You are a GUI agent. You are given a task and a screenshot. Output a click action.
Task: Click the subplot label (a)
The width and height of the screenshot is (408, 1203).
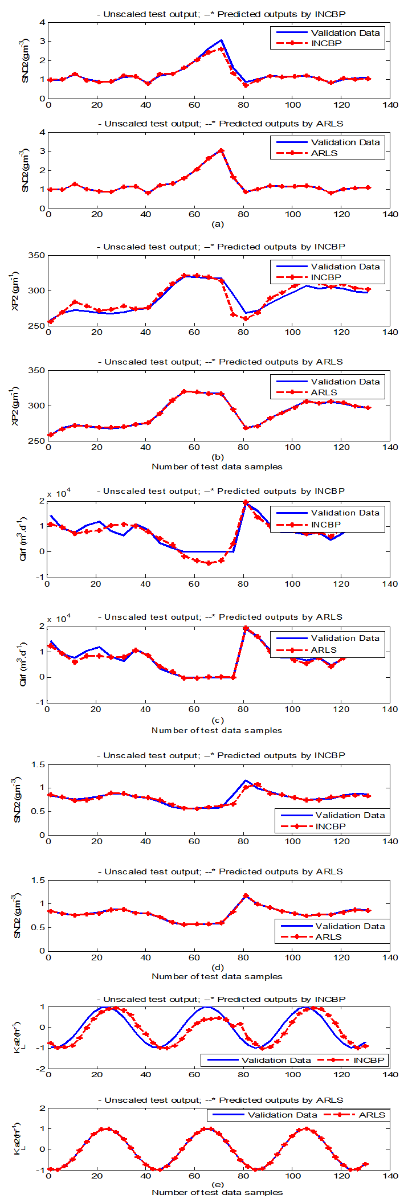217,224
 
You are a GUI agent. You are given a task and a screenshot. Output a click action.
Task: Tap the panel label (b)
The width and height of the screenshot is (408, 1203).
217,457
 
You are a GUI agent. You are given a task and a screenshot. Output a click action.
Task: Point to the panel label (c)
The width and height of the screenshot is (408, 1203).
217,720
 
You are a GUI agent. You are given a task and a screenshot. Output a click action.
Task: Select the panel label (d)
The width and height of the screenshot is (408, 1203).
217,967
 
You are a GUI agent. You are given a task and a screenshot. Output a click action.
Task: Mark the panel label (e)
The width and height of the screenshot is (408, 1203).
217,1184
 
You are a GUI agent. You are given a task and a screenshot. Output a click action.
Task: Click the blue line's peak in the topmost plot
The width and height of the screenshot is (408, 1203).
221,40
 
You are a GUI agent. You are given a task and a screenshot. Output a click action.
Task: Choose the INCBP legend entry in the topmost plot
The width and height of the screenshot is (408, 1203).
327,43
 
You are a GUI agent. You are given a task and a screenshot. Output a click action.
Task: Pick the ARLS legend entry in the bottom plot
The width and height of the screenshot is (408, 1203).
372,1115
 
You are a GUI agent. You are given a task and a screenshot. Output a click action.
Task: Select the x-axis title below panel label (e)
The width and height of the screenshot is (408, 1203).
217,1193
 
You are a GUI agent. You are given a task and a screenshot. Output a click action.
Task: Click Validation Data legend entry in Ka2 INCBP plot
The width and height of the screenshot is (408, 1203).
276,1060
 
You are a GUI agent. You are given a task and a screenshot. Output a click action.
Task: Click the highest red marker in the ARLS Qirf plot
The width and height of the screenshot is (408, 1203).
246,629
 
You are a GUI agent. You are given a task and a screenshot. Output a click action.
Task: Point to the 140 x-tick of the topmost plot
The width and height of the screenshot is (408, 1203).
390,105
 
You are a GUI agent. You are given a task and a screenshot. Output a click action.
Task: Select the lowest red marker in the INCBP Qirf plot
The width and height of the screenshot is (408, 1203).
209,563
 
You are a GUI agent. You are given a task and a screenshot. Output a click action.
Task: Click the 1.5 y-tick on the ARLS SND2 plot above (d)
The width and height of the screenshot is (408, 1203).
39,881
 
